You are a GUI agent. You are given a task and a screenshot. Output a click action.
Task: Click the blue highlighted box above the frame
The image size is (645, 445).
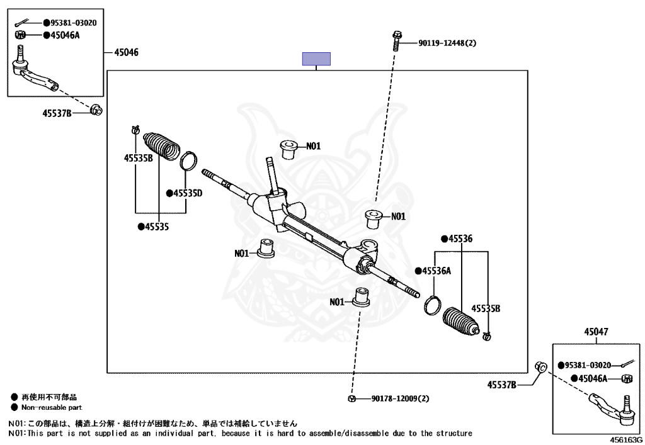point(316,59)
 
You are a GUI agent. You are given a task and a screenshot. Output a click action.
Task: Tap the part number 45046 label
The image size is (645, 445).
point(126,52)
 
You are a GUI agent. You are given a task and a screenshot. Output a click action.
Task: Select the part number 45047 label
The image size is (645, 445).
point(596,332)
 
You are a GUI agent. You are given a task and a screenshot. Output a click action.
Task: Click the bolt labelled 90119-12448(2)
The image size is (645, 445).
point(397,41)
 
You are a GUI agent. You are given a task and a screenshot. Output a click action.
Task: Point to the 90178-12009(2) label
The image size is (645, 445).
point(400,398)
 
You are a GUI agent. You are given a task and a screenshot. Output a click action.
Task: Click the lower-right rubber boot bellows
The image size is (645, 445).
point(461,321)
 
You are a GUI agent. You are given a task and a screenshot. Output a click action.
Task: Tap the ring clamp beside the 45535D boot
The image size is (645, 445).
point(188,161)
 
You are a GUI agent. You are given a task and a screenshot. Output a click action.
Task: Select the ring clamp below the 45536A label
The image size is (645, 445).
point(432,305)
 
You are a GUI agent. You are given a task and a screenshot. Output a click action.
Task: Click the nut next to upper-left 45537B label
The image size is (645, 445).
point(96,110)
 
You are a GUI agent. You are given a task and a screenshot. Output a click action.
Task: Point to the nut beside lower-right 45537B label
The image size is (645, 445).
point(541,366)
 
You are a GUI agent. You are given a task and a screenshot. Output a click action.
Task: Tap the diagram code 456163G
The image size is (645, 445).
point(625,440)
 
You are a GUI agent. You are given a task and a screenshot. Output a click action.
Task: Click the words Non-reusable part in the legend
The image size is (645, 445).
point(52,408)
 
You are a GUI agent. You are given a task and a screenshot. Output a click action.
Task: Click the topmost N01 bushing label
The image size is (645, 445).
point(314,146)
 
